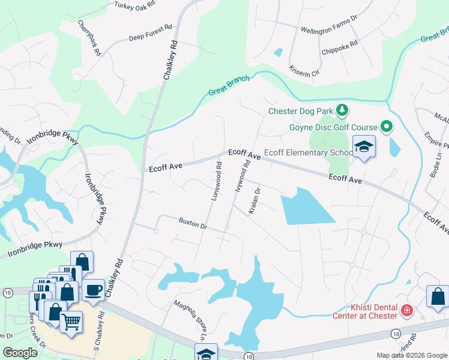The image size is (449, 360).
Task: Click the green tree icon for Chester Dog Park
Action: (342, 110)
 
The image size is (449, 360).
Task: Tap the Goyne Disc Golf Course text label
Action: (333, 127)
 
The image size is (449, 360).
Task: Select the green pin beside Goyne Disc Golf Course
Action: (386, 127)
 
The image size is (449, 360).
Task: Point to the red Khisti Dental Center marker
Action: (406, 310)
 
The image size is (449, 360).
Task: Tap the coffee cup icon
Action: (92, 290)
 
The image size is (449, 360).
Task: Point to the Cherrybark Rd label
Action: (89, 38)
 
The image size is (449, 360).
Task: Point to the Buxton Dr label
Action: (193, 224)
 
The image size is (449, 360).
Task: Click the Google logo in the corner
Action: (20, 352)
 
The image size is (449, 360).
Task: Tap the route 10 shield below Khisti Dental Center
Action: (395, 332)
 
